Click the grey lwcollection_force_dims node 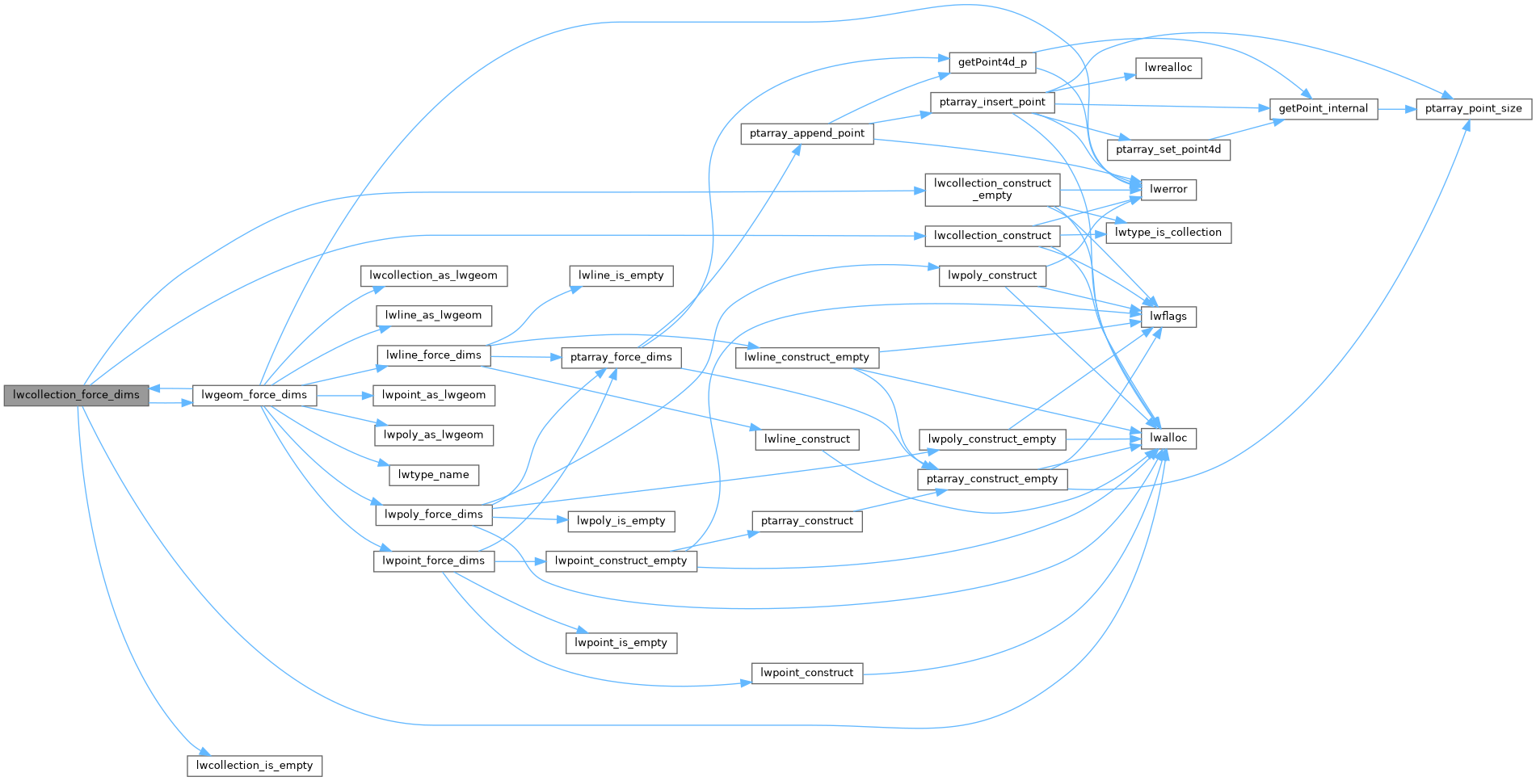click(x=76, y=395)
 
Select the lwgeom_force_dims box click(x=254, y=395)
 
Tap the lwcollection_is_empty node click(x=255, y=766)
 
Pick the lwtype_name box click(x=434, y=475)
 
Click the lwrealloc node click(x=1168, y=68)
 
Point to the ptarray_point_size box click(x=1473, y=108)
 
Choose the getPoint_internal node click(x=1323, y=108)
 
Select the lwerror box click(x=1168, y=189)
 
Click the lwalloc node click(x=1168, y=438)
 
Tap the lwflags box click(x=1168, y=317)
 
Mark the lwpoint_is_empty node click(x=621, y=643)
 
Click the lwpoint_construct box click(x=806, y=673)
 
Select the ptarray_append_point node click(x=806, y=133)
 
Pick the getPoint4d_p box click(x=992, y=62)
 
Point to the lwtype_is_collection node click(x=1168, y=233)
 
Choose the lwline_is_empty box click(x=621, y=275)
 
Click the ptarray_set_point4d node click(x=1168, y=149)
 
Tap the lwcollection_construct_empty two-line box click(x=992, y=189)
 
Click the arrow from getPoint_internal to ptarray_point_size click(x=1396, y=108)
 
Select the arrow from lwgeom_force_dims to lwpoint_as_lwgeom click(x=344, y=395)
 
